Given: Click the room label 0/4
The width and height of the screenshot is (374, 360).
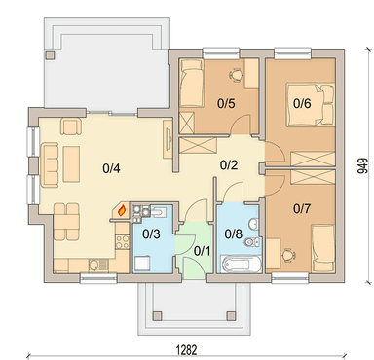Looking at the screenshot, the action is (x=111, y=168).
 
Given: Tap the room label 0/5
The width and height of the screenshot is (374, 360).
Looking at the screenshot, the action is (x=226, y=103).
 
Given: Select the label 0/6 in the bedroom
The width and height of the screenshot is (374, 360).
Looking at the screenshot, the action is (x=302, y=103).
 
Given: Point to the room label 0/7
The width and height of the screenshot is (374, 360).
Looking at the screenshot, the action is (x=302, y=208).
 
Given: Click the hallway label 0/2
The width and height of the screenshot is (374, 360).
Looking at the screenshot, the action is (x=229, y=165).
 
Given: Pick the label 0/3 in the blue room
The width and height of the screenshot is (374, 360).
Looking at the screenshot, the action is (x=151, y=234).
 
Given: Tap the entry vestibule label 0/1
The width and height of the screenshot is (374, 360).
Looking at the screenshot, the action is (x=202, y=251).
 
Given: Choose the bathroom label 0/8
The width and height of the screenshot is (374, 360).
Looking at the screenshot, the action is (x=234, y=234).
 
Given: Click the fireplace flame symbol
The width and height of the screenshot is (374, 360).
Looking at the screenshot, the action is (x=122, y=210).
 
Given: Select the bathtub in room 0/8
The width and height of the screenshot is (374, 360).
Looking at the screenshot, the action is (x=241, y=265).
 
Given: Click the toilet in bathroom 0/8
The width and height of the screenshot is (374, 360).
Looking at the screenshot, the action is (x=253, y=242).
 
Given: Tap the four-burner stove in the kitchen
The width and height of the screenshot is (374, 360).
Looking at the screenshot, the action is (x=123, y=242).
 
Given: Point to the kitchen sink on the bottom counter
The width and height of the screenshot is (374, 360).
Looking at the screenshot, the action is (x=97, y=265).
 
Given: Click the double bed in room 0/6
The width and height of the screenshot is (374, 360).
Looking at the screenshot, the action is (x=310, y=104).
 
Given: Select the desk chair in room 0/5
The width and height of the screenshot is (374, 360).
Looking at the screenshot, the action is (x=236, y=75).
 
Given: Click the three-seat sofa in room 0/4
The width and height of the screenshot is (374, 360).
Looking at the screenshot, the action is (x=50, y=165).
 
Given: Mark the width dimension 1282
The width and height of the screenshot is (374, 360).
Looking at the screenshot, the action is (x=187, y=350).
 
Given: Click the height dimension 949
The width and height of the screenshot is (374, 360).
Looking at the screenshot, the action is (x=362, y=165).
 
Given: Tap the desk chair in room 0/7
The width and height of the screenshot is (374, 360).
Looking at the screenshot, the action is (x=288, y=255).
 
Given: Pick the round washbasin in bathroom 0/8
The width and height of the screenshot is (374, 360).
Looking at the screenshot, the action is (x=254, y=224).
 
